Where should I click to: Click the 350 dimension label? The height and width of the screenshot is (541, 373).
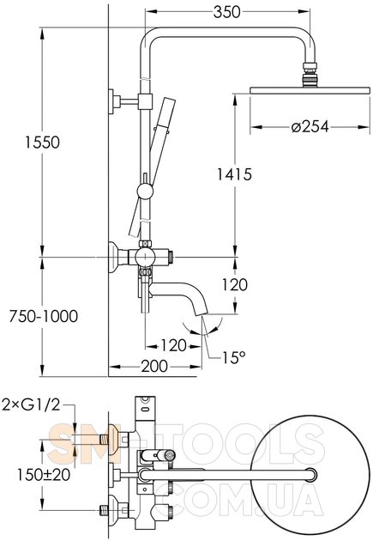(x=226, y=12)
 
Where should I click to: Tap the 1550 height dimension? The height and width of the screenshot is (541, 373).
(x=42, y=143)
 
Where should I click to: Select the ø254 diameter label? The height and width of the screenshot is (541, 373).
(x=310, y=126)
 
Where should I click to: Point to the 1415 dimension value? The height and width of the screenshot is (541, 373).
(x=234, y=174)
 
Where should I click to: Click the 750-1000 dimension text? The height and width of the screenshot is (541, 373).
(x=44, y=316)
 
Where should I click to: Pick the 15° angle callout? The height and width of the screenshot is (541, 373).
(x=234, y=357)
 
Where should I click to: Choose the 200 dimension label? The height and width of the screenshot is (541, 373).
(x=154, y=366)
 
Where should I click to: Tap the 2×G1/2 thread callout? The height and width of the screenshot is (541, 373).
(x=31, y=404)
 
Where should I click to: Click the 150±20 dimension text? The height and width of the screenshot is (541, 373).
(x=44, y=474)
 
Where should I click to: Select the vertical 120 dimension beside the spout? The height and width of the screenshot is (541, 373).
(x=234, y=284)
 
